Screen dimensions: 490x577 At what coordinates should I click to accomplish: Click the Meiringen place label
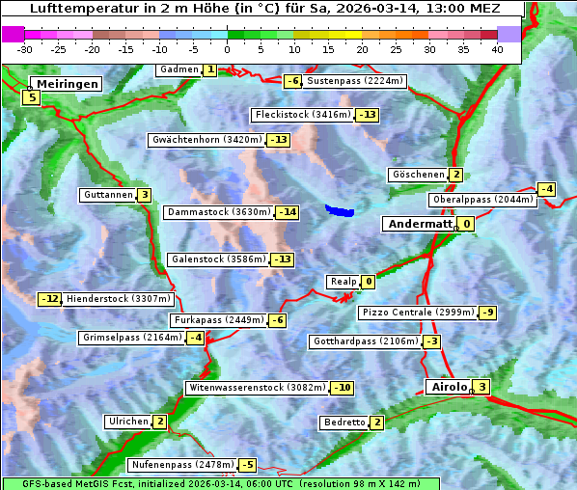click(x=65, y=84)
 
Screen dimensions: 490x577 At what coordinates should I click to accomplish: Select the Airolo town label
click(x=448, y=387)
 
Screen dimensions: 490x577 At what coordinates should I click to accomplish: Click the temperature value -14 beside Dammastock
click(x=287, y=212)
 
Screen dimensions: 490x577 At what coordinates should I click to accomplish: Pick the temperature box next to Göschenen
click(x=455, y=175)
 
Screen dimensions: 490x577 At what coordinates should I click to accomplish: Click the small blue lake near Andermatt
click(x=340, y=209)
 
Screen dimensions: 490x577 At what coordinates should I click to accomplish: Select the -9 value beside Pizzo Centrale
click(x=487, y=313)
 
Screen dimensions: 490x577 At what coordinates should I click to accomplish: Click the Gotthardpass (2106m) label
click(x=364, y=341)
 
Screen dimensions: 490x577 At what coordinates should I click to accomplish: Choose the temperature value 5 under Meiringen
click(x=32, y=97)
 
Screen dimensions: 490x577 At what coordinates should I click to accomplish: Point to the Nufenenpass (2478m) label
click(x=181, y=465)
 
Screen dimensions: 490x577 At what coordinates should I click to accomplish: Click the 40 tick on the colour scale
click(x=497, y=49)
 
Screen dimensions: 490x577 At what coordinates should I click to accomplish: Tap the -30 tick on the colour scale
click(x=25, y=49)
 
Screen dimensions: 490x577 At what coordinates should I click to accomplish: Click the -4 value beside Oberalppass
click(x=546, y=189)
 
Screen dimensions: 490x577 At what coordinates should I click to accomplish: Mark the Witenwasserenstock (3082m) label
click(x=256, y=388)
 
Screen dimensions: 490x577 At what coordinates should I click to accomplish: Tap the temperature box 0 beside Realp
click(x=369, y=282)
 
